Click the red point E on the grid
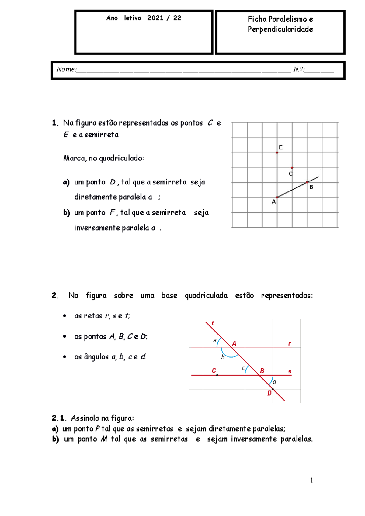click(277, 153)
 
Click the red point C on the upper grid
click(292, 168)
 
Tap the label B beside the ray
click(311, 187)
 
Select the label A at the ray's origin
click(274, 202)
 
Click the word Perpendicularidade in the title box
click(280, 29)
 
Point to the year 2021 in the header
click(155, 18)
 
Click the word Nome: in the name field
click(66, 69)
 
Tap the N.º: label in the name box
click(299, 69)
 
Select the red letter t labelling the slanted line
click(213, 323)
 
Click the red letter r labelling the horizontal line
click(290, 344)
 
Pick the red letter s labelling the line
click(290, 371)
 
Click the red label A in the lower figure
click(234, 344)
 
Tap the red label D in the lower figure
click(269, 393)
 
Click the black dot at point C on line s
click(217, 375)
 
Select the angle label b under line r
click(223, 357)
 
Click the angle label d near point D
click(274, 382)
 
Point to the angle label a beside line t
click(215, 340)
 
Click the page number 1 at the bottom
click(311, 480)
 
